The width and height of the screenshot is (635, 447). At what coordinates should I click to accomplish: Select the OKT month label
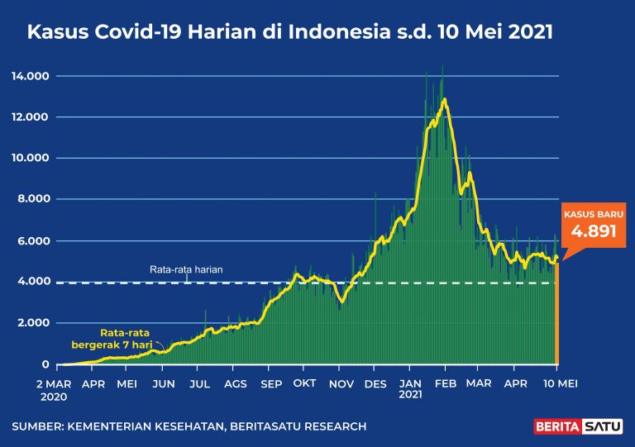(x=304, y=384)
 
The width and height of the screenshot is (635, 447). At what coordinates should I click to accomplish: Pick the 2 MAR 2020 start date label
(x=59, y=389)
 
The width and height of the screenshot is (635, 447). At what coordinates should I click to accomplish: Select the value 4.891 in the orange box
(x=594, y=231)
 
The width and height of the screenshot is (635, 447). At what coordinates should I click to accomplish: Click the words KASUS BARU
(x=594, y=214)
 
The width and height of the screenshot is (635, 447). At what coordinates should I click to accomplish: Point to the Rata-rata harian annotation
(x=186, y=269)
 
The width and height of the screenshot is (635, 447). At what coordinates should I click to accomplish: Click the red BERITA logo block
(x=556, y=426)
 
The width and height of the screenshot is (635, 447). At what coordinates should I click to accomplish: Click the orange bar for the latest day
(x=557, y=314)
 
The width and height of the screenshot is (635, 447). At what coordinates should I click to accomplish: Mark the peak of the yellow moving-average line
(x=445, y=99)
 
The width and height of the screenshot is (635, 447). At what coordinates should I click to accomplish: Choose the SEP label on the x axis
(x=270, y=384)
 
